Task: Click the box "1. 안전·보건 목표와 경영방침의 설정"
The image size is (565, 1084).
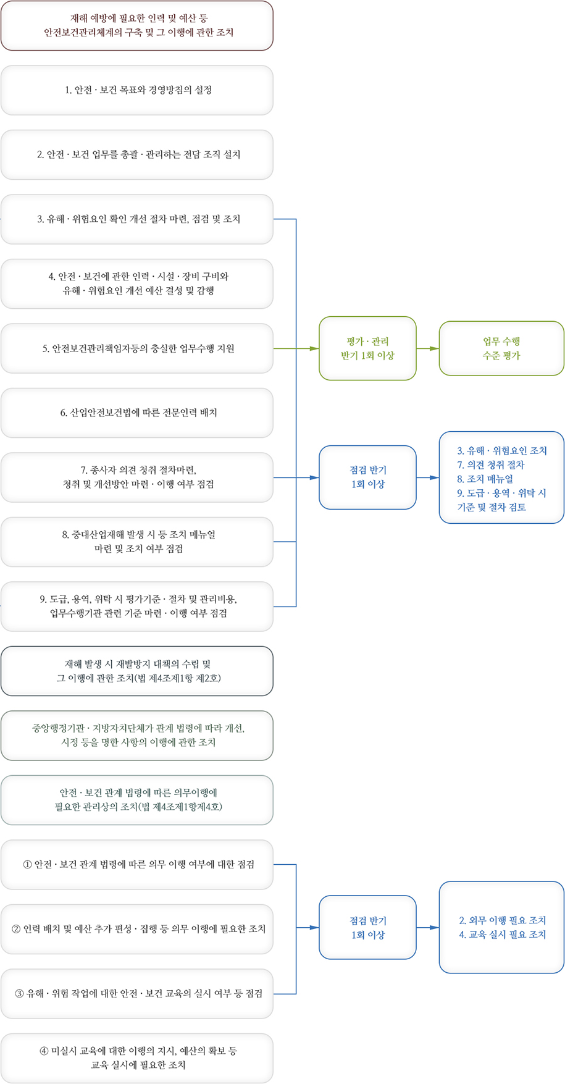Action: pyautogui.click(x=137, y=90)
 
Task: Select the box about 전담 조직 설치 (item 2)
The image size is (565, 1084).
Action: pyautogui.click(x=137, y=154)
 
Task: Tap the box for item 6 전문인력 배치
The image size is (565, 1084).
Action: pyautogui.click(x=137, y=413)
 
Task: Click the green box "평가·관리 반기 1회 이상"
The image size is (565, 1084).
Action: pyautogui.click(x=367, y=348)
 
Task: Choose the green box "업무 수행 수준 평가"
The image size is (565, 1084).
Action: pyautogui.click(x=501, y=348)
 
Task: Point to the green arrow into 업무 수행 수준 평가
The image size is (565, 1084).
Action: pyautogui.click(x=427, y=348)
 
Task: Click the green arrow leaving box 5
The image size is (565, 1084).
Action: pyautogui.click(x=296, y=348)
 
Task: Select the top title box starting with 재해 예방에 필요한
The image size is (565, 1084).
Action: pyautogui.click(x=137, y=25)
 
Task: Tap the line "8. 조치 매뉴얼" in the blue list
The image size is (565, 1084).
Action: pyautogui.click(x=485, y=479)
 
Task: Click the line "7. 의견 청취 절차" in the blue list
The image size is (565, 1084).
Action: pyautogui.click(x=491, y=464)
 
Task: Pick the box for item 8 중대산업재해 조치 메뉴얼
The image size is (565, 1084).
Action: pyautogui.click(x=137, y=542)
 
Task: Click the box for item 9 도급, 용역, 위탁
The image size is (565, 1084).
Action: pyautogui.click(x=137, y=607)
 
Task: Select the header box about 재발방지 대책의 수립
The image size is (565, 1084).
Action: pyautogui.click(x=137, y=671)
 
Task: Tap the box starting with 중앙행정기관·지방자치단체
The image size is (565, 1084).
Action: pyautogui.click(x=137, y=736)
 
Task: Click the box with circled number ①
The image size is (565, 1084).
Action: pyautogui.click(x=137, y=865)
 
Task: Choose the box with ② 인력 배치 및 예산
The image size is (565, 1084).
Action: pyautogui.click(x=137, y=929)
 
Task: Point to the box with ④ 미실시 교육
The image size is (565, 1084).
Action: pyautogui.click(x=137, y=1058)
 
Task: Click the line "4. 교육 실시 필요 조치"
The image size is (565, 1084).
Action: pyautogui.click(x=503, y=935)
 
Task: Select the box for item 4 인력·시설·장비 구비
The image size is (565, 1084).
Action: pyautogui.click(x=137, y=284)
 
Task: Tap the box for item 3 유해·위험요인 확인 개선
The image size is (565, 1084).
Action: pyautogui.click(x=137, y=219)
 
